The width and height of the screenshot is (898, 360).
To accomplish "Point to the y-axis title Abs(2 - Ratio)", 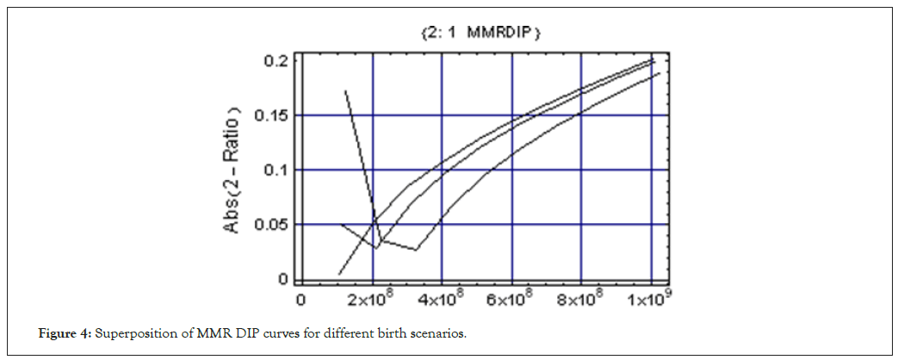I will pos(232,170).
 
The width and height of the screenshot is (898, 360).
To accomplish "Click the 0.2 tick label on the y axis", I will pos(276,60).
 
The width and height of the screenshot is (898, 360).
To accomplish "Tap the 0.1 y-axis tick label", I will pos(276,170).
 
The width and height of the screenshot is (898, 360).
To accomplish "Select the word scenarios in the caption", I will pos(441,333).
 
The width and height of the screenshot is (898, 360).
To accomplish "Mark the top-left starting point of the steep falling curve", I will pos(345,90).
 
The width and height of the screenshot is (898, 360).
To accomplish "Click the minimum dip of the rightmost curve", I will pos(416,250).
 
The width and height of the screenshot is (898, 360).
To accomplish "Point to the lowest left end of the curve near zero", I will pos(339,274).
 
